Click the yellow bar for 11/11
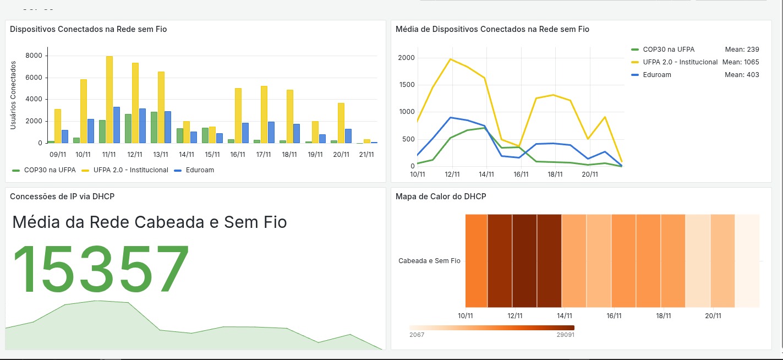pyautogui.click(x=109, y=100)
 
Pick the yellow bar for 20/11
pyautogui.click(x=341, y=123)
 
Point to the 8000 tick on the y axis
pyautogui.click(x=34, y=56)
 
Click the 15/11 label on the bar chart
pyautogui.click(x=212, y=155)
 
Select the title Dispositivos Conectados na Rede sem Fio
pyautogui.click(x=89, y=29)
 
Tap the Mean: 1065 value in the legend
pyautogui.click(x=741, y=62)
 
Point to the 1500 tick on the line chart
pyautogui.click(x=406, y=85)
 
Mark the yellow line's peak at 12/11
pyautogui.click(x=451, y=59)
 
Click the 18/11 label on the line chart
pyautogui.click(x=555, y=174)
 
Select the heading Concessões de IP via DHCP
pyautogui.click(x=62, y=196)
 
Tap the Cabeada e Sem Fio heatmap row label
pyautogui.click(x=429, y=261)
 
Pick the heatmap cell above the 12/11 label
pyautogui.click(x=524, y=261)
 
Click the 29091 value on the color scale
pyautogui.click(x=566, y=335)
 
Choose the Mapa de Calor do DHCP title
pyautogui.click(x=441, y=196)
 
